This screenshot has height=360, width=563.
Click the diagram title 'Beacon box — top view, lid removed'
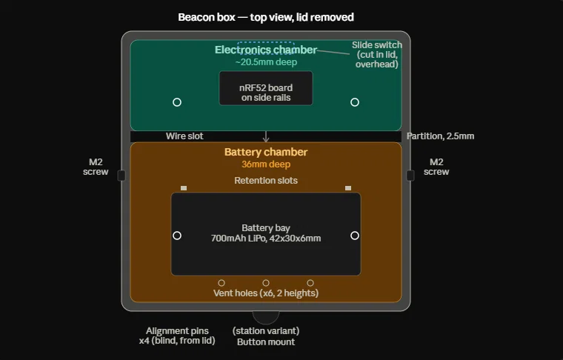266,17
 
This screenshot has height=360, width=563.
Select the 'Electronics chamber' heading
266,50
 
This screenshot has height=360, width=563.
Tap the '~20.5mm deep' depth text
266,62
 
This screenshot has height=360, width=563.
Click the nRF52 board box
266,88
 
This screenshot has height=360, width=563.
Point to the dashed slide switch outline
266,42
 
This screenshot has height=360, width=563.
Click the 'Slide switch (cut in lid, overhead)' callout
376,55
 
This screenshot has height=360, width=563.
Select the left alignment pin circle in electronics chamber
177,102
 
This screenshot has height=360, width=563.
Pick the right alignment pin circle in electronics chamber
355,102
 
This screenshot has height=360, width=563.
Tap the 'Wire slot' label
184,136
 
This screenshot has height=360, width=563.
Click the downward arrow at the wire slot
266,136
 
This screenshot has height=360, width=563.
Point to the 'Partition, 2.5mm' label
440,136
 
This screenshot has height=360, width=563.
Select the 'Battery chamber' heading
266,152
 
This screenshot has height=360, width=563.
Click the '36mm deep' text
266,164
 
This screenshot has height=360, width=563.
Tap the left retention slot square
184,188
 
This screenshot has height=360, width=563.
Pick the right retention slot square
348,188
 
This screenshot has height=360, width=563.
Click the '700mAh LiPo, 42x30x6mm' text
266,239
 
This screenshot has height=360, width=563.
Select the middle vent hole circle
266,283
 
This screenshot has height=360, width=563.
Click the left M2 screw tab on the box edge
121,176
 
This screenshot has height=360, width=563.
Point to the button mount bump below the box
266,316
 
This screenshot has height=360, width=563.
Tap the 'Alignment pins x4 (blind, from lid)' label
177,336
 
